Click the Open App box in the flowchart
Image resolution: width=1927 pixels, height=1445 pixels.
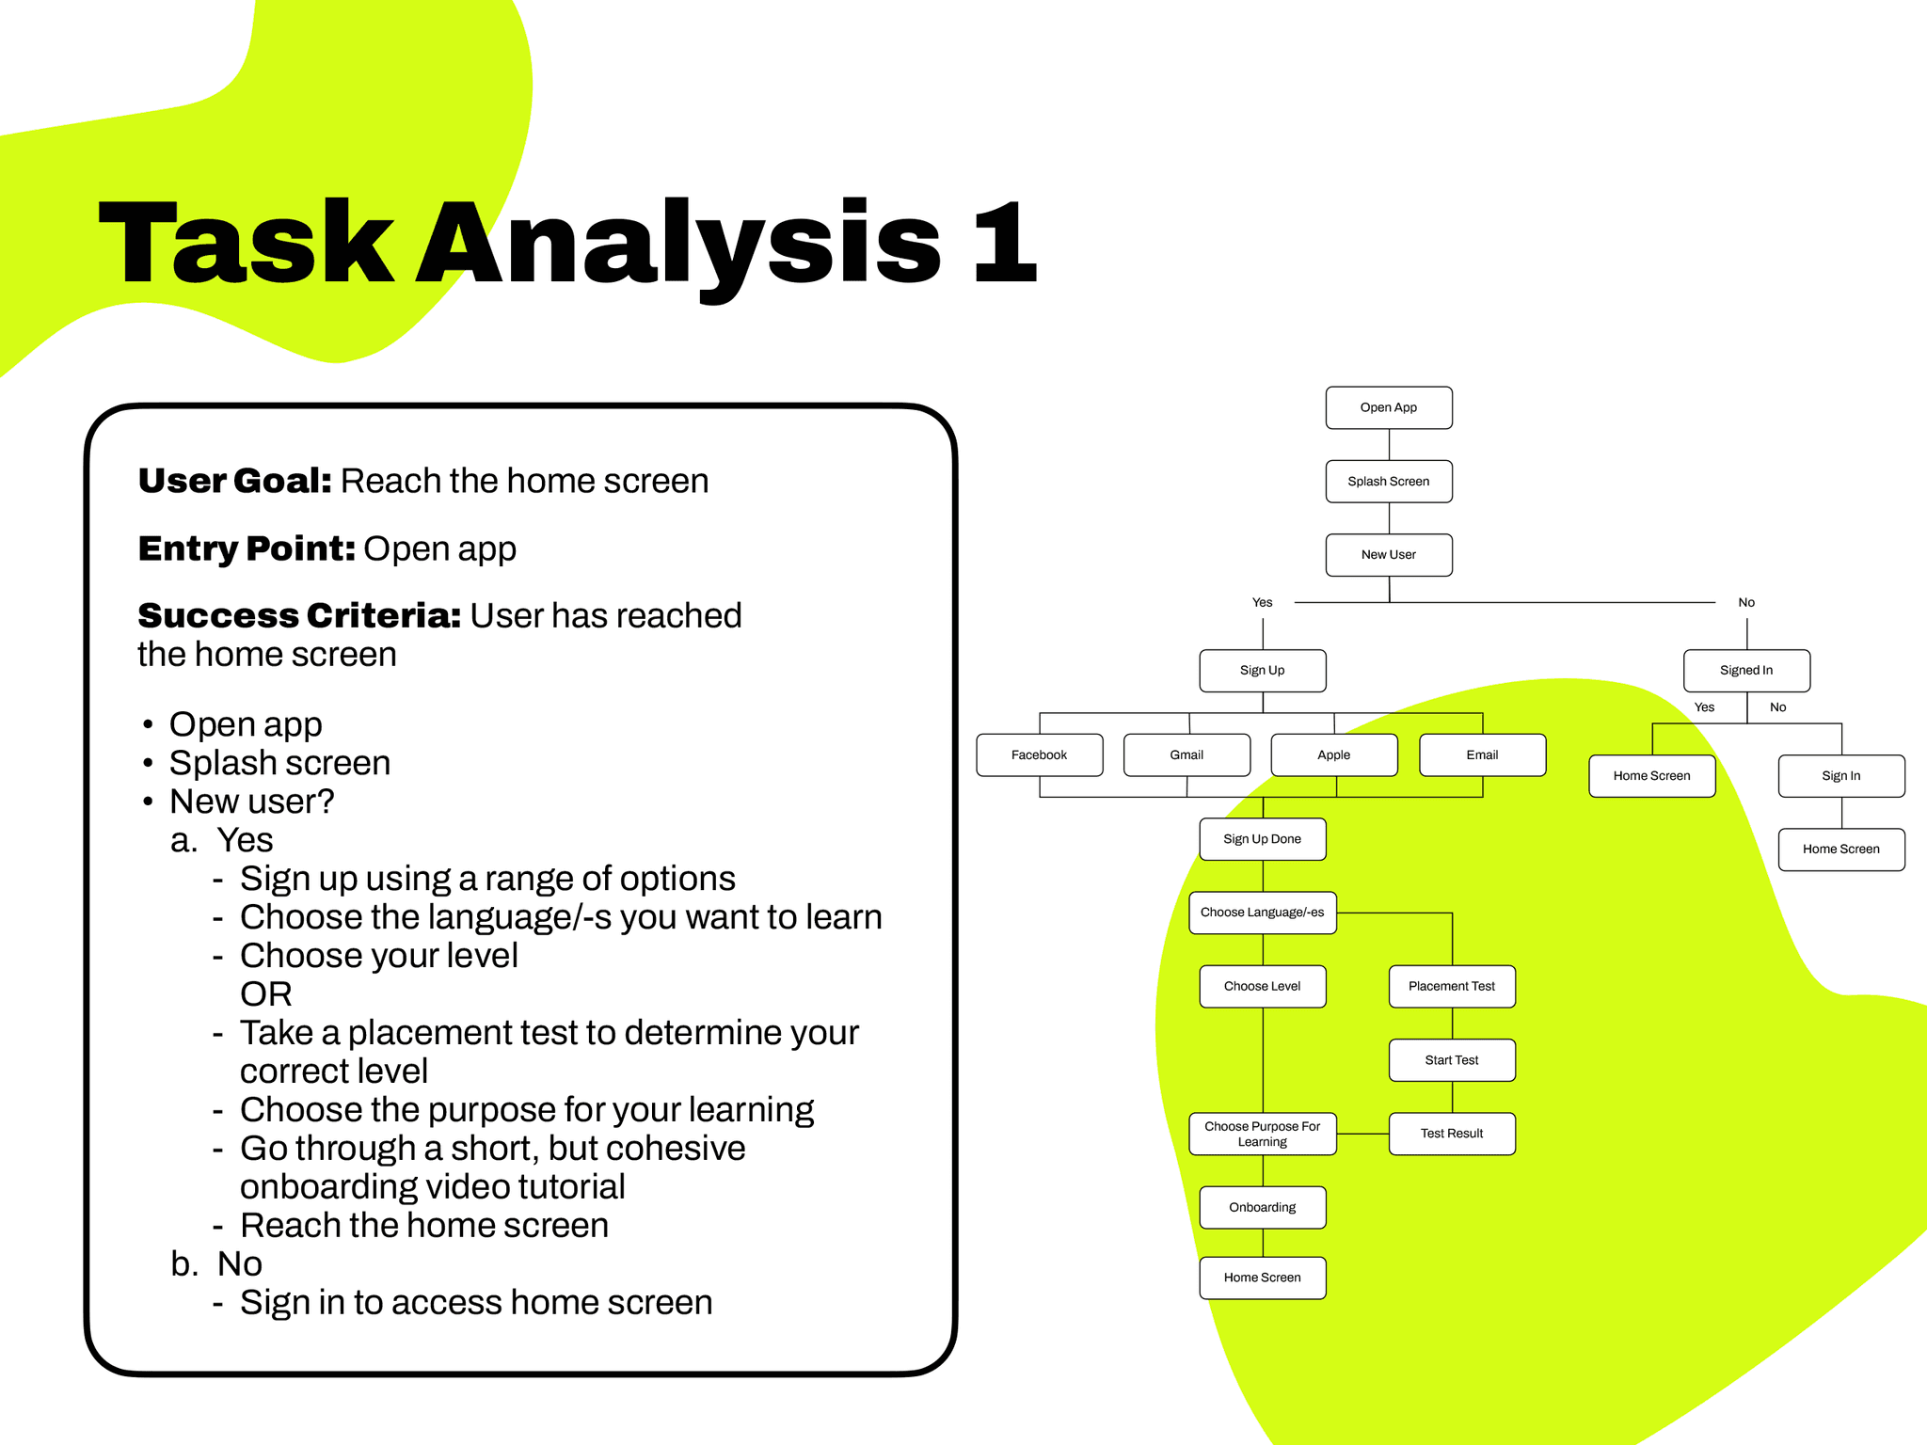pos(1388,407)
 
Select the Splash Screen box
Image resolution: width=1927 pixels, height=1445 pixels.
pos(1388,481)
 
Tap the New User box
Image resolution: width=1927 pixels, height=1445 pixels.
pos(1388,554)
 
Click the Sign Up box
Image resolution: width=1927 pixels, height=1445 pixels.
pos(1262,670)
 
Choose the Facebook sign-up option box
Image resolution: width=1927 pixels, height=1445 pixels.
pos(1039,754)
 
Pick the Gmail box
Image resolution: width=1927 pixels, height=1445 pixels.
pos(1186,754)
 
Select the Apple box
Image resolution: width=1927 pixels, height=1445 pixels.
pos(1333,754)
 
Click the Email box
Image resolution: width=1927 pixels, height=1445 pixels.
pos(1482,754)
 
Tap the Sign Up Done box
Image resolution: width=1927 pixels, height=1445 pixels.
pos(1262,838)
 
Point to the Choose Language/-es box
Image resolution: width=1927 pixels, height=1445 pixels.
pos(1262,912)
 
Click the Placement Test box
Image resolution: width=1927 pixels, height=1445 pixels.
pos(1451,986)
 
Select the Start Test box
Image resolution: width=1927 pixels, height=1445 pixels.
pos(1451,1059)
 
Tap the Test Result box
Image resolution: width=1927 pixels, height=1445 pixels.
pos(1451,1133)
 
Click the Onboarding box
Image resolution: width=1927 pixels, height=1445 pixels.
pos(1262,1207)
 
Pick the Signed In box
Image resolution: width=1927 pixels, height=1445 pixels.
pos(1745,670)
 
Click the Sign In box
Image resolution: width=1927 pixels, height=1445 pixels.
pos(1840,775)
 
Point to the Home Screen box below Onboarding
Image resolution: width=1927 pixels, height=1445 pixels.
pos(1262,1277)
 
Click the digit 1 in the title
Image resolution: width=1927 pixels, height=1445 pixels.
pos(1005,243)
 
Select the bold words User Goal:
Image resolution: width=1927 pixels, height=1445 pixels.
pos(234,481)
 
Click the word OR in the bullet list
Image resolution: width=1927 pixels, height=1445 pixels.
pos(265,993)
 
